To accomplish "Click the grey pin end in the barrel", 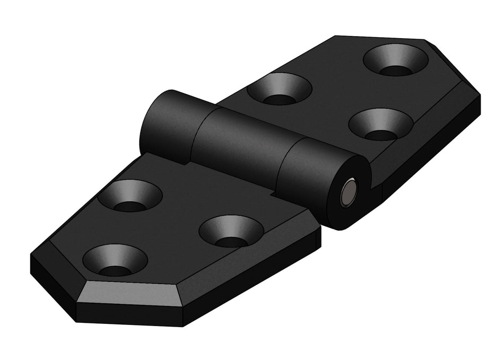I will pos(350,192).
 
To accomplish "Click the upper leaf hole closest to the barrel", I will pos(279,89).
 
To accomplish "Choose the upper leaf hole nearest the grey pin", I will pos(381,125).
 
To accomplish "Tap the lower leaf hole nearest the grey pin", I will pos(231,231).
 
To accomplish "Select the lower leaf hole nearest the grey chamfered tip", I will pos(115,260).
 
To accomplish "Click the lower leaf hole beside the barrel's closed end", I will pos(130,196).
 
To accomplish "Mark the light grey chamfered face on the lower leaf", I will pos(133,292).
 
